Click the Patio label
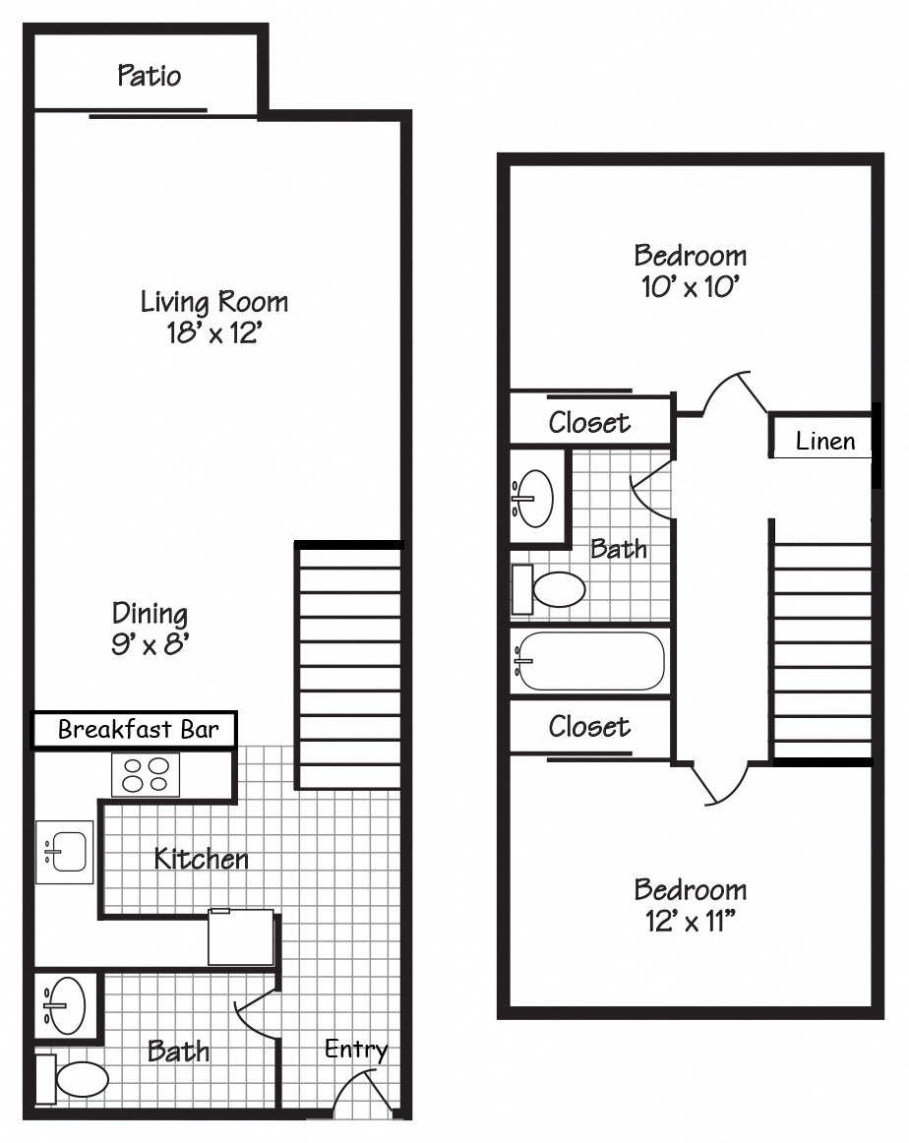[x=150, y=76]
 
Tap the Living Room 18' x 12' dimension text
[x=213, y=332]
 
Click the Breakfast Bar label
[x=134, y=730]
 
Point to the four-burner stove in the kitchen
[x=145, y=774]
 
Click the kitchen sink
[x=66, y=851]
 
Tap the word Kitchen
[x=202, y=859]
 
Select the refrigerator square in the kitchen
[x=240, y=937]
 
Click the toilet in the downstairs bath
[x=77, y=1079]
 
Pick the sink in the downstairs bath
[x=66, y=1005]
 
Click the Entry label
[x=356, y=1050]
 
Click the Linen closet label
[x=824, y=442]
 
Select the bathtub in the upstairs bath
[x=590, y=661]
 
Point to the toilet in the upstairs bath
[x=553, y=589]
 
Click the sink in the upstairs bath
[x=534, y=498]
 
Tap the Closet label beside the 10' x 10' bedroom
[x=589, y=423]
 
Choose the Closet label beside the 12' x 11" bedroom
[x=589, y=727]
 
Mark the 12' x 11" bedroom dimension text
[x=690, y=922]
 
